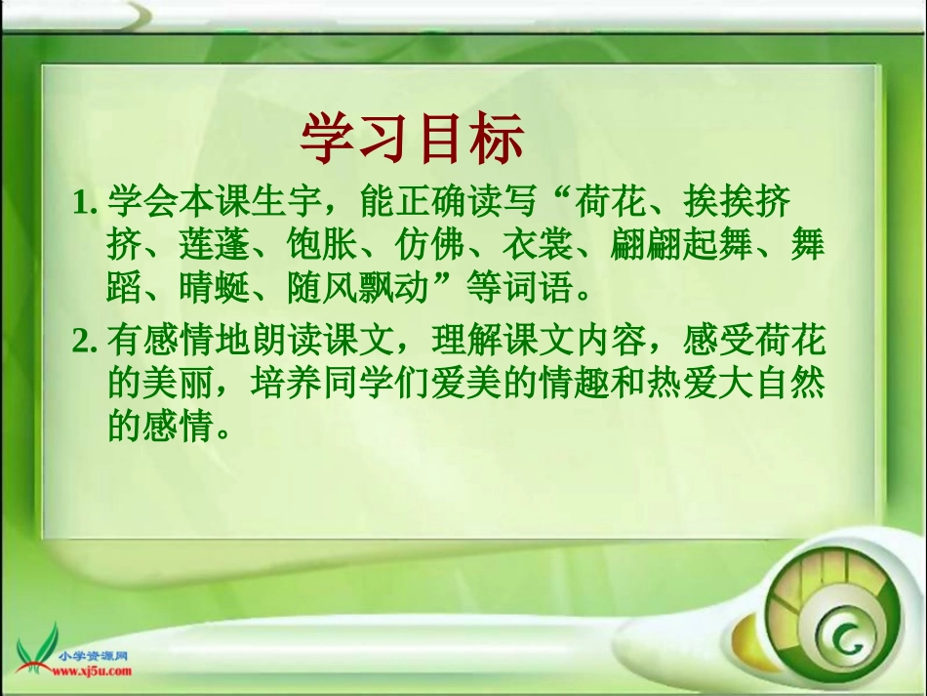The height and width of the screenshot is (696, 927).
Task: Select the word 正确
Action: coord(429,203)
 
